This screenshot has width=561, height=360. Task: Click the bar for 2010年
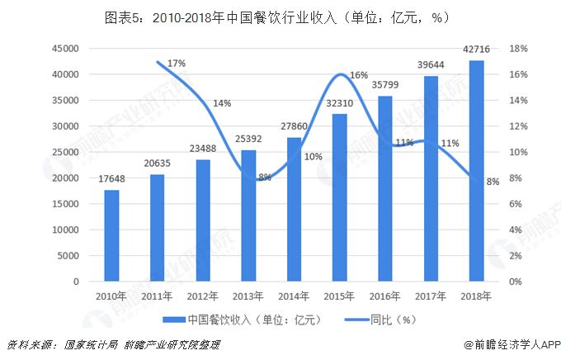[x=111, y=236]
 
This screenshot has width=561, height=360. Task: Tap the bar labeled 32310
[x=339, y=198]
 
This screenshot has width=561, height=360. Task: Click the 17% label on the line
[x=176, y=64]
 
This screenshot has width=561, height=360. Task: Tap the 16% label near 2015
[x=359, y=75]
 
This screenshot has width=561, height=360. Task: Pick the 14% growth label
[x=222, y=104]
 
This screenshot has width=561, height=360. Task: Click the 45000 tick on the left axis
[x=64, y=49]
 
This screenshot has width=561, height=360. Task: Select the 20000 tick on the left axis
[x=64, y=178]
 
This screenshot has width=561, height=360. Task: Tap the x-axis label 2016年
[x=384, y=296]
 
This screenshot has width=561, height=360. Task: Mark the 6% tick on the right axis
[x=516, y=204]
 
